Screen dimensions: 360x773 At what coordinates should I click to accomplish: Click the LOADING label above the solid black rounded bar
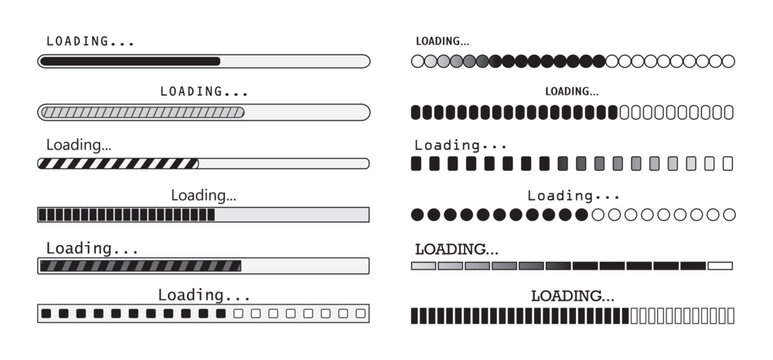click(90, 42)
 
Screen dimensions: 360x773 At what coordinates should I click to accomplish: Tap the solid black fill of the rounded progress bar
click(130, 61)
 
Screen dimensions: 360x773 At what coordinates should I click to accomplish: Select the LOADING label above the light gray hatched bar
click(204, 91)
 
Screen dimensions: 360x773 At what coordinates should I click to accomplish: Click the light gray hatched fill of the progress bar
click(141, 112)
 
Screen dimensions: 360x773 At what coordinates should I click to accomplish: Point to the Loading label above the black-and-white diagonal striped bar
click(79, 144)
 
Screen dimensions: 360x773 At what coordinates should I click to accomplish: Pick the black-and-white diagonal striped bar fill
click(118, 163)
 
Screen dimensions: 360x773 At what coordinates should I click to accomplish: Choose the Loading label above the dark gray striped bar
click(92, 247)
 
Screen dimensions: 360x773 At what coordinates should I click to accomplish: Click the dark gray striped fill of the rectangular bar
click(140, 266)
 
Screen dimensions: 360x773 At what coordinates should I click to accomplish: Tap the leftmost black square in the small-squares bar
click(46, 314)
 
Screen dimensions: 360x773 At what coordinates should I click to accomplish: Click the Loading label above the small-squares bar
click(204, 295)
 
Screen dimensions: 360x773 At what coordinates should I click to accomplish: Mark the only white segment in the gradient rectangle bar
click(720, 266)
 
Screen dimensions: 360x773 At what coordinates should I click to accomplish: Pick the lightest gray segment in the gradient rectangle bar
click(423, 266)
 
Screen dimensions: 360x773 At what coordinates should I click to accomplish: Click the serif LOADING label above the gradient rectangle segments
click(456, 248)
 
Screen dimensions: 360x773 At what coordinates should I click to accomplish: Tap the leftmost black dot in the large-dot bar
click(417, 214)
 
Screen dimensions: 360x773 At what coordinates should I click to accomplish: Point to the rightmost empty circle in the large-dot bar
click(728, 214)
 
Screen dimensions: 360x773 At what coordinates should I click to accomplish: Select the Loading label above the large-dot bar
click(574, 196)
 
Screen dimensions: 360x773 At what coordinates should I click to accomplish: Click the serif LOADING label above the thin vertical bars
click(572, 296)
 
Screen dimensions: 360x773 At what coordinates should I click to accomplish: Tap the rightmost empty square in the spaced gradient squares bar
click(728, 163)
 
